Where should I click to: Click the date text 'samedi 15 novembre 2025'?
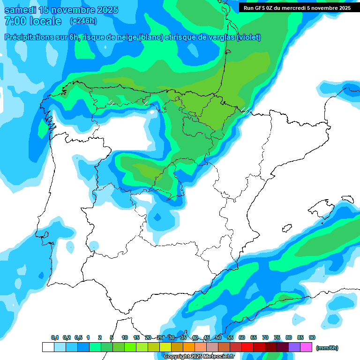[x=61, y=10]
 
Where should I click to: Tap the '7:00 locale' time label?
[x=33, y=21]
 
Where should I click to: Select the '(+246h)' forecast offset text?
[x=83, y=21]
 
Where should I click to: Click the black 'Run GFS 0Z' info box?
[x=297, y=8]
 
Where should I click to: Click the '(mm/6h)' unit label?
[x=327, y=348]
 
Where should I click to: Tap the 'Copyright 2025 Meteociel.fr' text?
[x=199, y=356]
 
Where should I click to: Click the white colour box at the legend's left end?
[x=48, y=347]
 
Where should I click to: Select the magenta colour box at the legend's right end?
[x=306, y=347]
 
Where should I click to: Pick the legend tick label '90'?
[x=312, y=337]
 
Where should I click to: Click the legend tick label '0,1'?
[x=55, y=337]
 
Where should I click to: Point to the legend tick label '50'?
[x=218, y=337]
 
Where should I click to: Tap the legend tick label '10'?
[x=125, y=337]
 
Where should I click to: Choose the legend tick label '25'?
[x=160, y=337]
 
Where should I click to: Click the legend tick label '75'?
[x=277, y=337]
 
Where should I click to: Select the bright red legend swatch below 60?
[x=247, y=347]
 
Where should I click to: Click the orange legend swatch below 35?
[x=189, y=347]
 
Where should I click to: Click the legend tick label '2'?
[x=100, y=337]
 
